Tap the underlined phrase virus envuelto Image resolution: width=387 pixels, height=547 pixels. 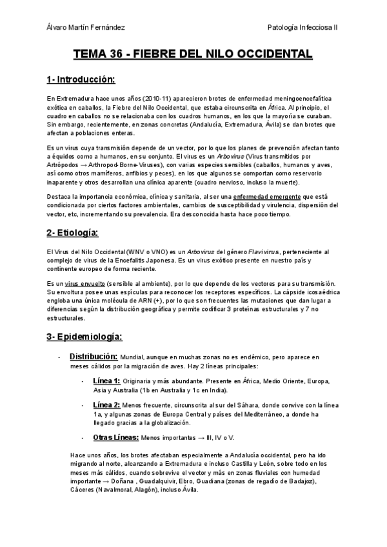point(85,284)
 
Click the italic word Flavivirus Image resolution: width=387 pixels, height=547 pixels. point(240,251)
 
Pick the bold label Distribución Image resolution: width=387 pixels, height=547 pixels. point(93,357)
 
